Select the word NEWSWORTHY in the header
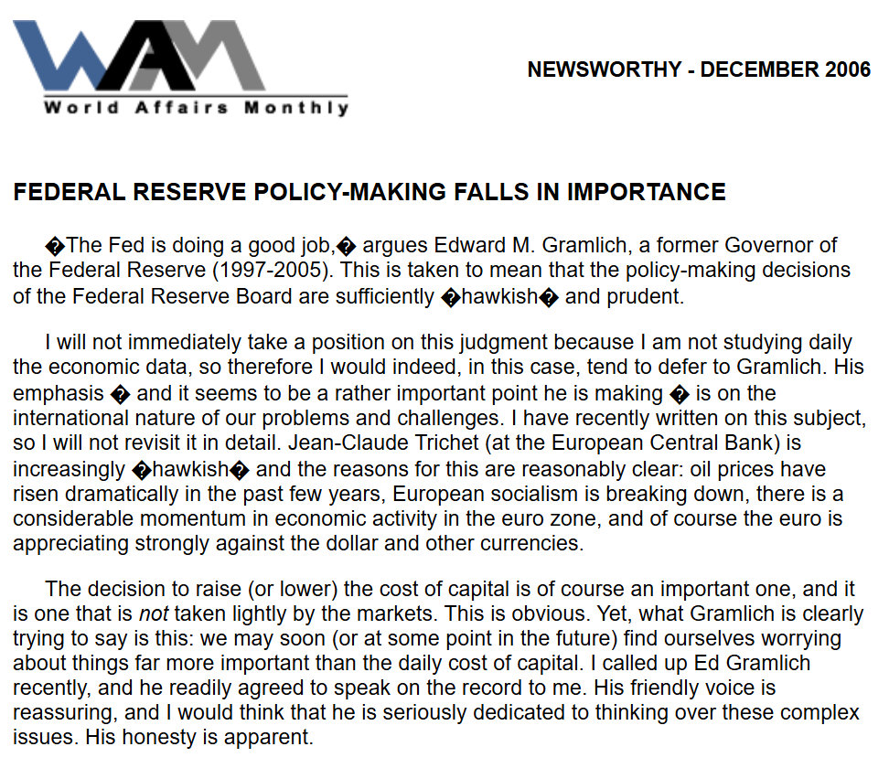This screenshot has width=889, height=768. click(604, 70)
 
